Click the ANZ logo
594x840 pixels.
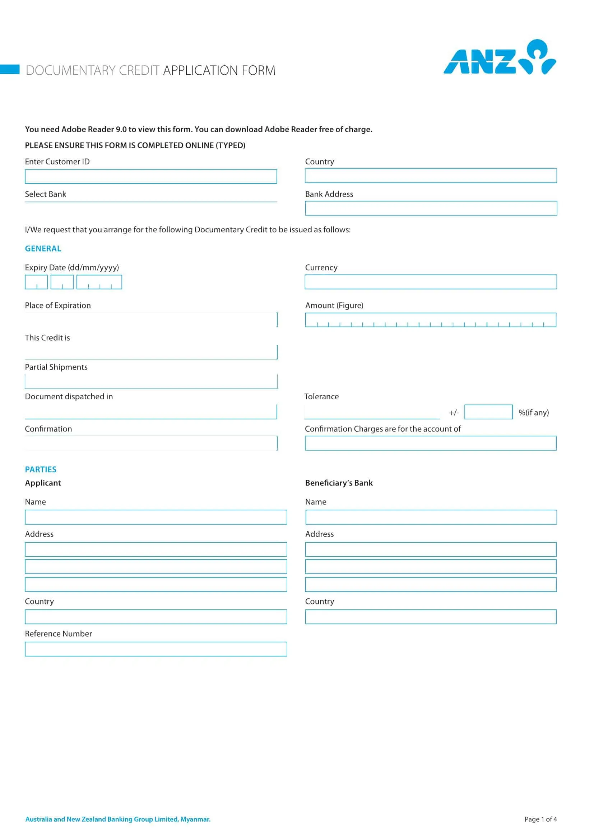click(x=499, y=58)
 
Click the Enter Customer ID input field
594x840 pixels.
click(x=151, y=176)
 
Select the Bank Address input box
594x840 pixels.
click(x=431, y=208)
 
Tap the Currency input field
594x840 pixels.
click(x=431, y=282)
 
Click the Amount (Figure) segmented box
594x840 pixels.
click(x=431, y=320)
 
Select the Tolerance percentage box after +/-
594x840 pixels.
click(x=488, y=412)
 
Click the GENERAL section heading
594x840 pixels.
click(x=43, y=249)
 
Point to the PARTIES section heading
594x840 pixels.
click(x=41, y=469)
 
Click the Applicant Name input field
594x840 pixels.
click(x=156, y=517)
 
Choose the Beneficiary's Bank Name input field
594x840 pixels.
click(x=431, y=517)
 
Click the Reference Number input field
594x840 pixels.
click(x=156, y=649)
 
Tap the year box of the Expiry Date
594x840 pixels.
click(x=99, y=282)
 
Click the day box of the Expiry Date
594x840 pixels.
click(x=36, y=282)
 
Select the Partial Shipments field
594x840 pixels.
click(x=151, y=381)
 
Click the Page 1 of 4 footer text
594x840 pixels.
click(x=540, y=819)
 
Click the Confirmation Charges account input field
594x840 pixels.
click(x=431, y=443)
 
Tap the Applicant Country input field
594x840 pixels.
click(x=156, y=617)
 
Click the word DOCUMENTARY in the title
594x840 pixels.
click(x=71, y=70)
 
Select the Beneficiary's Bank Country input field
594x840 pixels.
click(x=431, y=617)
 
